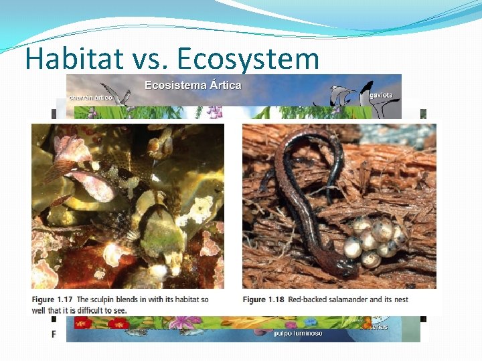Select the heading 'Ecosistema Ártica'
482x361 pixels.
193,85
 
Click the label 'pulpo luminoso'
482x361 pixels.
298,333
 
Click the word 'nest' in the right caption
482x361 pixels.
400,299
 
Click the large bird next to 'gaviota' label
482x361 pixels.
364,94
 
